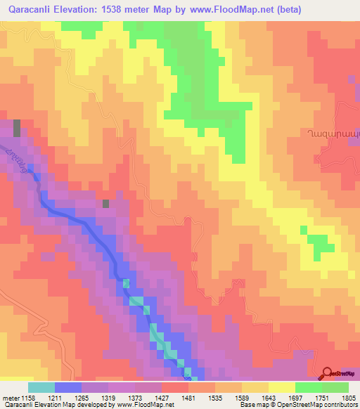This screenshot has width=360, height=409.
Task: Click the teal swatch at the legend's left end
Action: click(41, 387)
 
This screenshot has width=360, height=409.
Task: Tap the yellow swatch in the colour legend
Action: click(282, 387)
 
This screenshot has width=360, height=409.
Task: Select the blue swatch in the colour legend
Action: click(68, 387)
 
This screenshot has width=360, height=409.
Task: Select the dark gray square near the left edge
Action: click(17, 128)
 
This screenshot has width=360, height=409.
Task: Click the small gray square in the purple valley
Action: click(106, 204)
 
